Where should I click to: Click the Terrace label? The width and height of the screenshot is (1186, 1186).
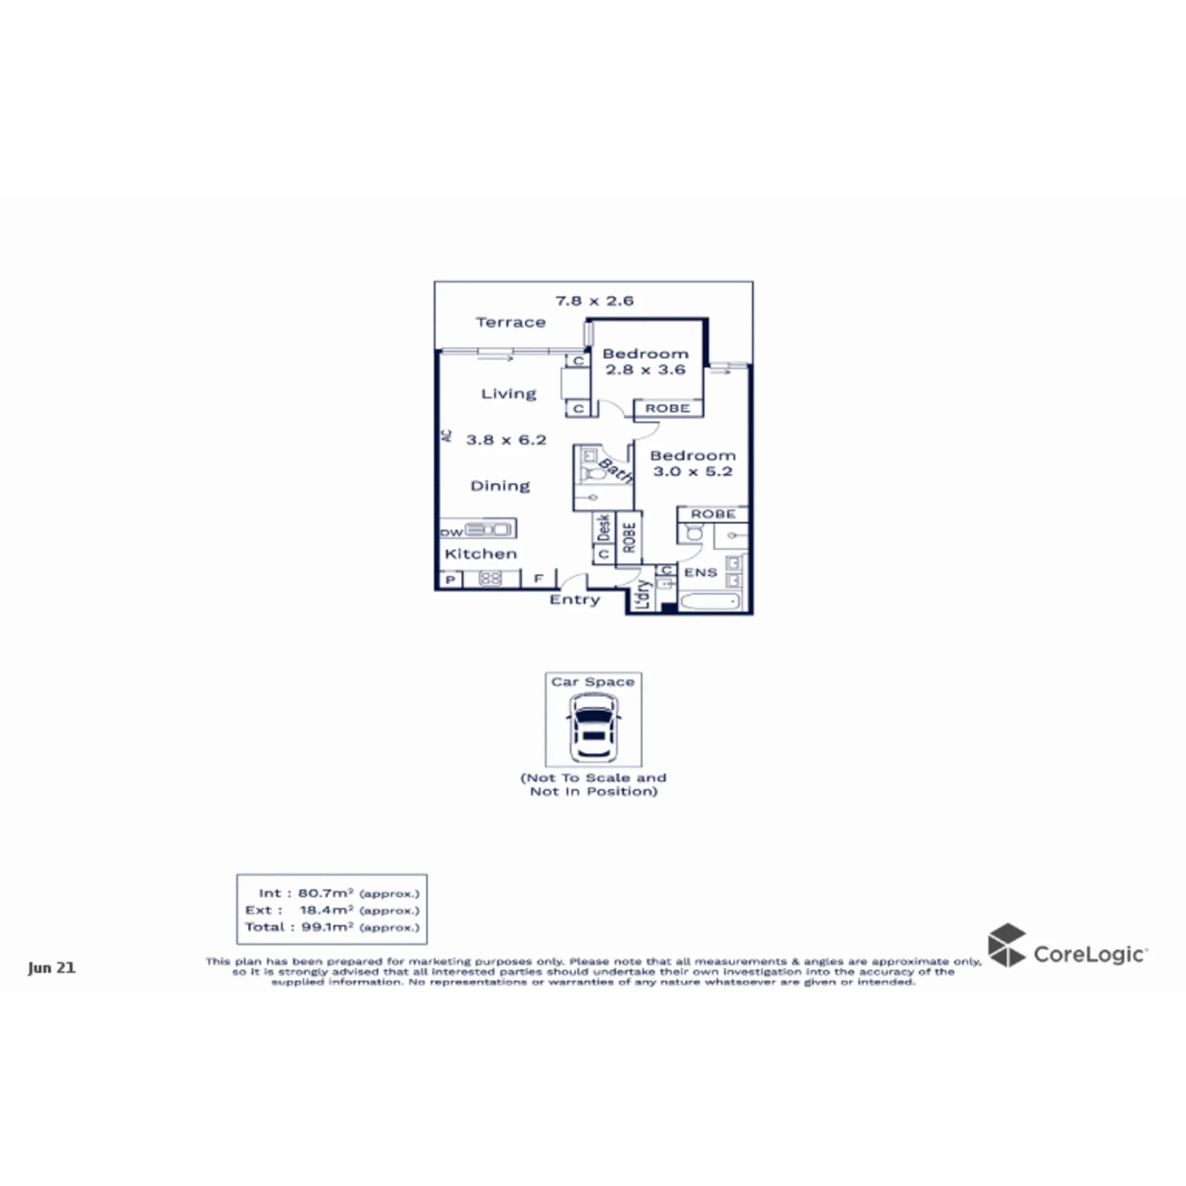pyautogui.click(x=511, y=322)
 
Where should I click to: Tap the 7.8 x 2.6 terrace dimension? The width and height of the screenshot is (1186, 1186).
pyautogui.click(x=594, y=301)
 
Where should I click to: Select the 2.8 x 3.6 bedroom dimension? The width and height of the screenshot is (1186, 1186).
pyautogui.click(x=646, y=369)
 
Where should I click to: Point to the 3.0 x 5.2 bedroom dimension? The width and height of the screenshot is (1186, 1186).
pyautogui.click(x=693, y=471)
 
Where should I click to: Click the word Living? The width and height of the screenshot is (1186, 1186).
pyautogui.click(x=509, y=394)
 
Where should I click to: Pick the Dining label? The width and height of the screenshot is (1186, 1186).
pyautogui.click(x=500, y=486)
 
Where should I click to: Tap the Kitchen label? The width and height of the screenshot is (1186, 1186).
pyautogui.click(x=481, y=553)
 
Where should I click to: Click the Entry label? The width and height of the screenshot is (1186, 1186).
pyautogui.click(x=575, y=600)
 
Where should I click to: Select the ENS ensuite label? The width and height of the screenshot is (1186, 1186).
pyautogui.click(x=700, y=573)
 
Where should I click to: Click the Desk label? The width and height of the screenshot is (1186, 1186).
pyautogui.click(x=604, y=528)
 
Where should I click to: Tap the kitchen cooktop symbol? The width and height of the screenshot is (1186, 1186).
pyautogui.click(x=490, y=579)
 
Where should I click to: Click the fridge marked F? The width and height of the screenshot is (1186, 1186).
pyautogui.click(x=539, y=579)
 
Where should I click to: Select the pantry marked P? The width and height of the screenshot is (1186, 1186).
pyautogui.click(x=450, y=579)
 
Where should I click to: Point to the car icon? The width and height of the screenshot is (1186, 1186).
pyautogui.click(x=594, y=728)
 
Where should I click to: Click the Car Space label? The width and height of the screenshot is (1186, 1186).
pyautogui.click(x=593, y=682)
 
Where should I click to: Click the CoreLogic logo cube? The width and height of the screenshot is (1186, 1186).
pyautogui.click(x=1007, y=945)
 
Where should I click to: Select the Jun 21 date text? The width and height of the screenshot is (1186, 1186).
pyautogui.click(x=52, y=968)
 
